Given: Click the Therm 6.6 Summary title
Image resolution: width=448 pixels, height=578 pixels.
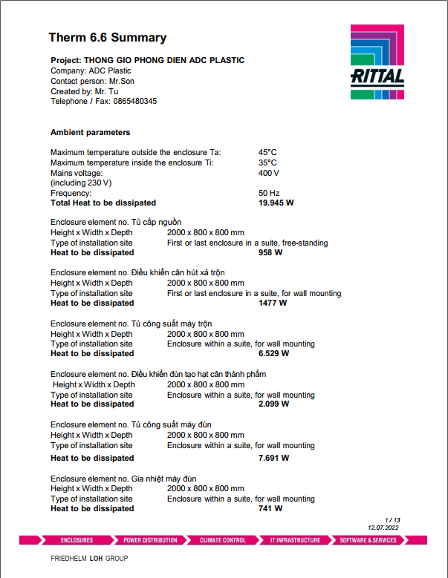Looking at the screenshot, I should pos(108,38).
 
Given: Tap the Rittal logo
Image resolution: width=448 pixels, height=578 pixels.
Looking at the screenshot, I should pos(377,62).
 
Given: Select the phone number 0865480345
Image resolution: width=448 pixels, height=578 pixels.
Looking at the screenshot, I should pos(135,102).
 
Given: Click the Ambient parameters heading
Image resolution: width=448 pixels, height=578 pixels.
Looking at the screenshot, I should pos(90,132).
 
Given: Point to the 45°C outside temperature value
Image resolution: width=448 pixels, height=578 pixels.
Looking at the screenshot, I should pos(267,152).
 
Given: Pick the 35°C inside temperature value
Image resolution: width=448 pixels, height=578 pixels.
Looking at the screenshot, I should pos(267,162).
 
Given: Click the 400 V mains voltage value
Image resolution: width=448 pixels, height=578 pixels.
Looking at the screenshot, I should pos(269,173).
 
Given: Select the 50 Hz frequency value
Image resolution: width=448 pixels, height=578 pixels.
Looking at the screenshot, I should pos(269,193).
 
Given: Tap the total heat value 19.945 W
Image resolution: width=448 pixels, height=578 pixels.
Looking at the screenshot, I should pos(276,203).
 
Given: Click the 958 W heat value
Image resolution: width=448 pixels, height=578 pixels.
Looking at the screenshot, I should pos(270,253).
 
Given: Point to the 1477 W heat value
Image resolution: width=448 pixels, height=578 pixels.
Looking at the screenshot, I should pos(273,303).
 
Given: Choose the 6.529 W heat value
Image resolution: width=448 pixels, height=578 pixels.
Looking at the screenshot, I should pos(273,353).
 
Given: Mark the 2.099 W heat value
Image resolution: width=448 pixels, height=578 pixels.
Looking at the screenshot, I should pos(273,404).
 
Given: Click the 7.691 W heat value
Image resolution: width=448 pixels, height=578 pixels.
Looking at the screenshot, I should pos(273,458).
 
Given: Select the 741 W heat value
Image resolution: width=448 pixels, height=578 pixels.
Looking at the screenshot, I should pos(270,508).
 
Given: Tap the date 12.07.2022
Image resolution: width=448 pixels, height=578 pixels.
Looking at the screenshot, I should pos(383,527).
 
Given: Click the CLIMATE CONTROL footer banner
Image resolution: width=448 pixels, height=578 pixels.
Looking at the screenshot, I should pos(223,540).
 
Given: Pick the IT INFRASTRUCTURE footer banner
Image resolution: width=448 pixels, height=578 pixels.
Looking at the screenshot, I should pos(295,540).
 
